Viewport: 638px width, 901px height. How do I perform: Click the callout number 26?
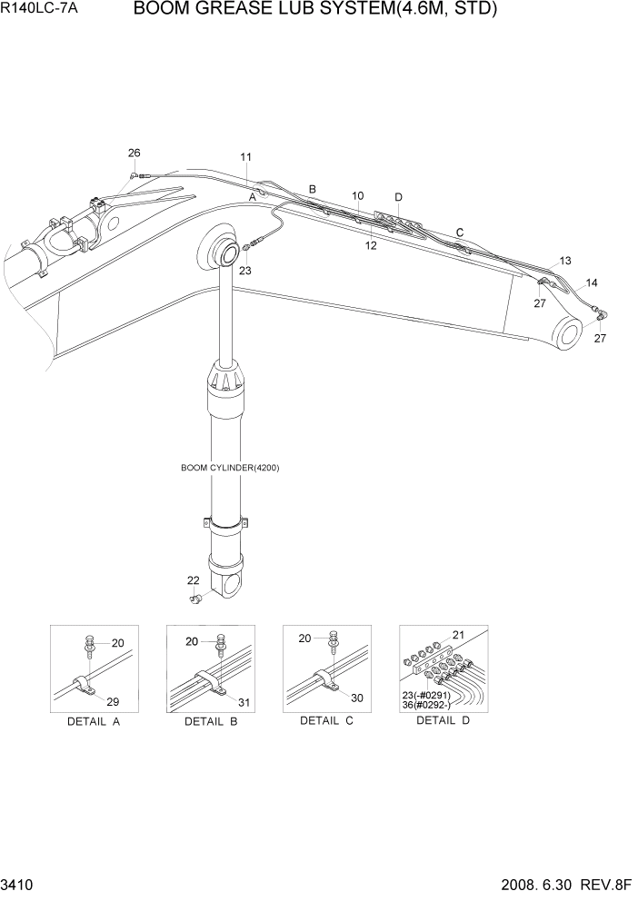(135, 153)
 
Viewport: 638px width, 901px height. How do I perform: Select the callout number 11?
(246, 157)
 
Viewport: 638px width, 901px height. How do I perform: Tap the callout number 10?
(358, 195)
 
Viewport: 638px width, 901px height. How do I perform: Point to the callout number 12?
(371, 245)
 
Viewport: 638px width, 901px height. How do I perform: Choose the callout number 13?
(565, 261)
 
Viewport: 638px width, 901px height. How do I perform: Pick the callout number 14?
(592, 282)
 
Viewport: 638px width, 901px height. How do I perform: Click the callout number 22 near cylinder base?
(193, 580)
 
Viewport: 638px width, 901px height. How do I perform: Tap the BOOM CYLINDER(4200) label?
(230, 468)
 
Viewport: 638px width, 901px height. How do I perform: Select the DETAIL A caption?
(93, 721)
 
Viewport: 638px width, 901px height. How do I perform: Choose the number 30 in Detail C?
(357, 698)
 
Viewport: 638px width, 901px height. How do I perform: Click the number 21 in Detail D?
(458, 635)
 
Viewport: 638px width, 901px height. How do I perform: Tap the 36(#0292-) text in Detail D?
(425, 704)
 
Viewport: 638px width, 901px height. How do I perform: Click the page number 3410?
(19, 884)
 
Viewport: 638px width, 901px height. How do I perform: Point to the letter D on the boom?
(398, 197)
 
